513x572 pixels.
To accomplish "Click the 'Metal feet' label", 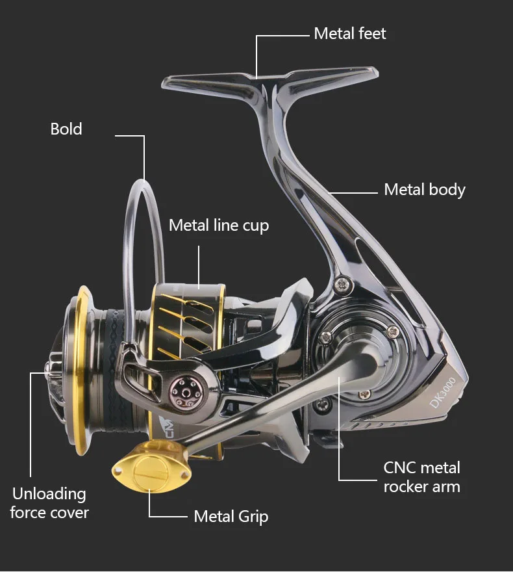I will [x=349, y=34].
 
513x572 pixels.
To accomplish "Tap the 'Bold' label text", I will [x=66, y=129].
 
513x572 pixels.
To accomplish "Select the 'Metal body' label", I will [x=425, y=190].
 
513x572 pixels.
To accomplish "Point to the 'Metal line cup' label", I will [x=218, y=226].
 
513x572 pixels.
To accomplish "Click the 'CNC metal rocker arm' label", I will [x=421, y=477].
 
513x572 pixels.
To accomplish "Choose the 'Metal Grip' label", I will [x=231, y=517].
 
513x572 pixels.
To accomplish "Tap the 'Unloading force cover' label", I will [x=49, y=502].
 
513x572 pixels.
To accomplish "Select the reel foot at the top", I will [x=266, y=81].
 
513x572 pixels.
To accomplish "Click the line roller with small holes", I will [x=184, y=391].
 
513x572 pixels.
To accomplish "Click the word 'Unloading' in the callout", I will [x=49, y=493].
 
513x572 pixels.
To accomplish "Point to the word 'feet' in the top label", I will [x=371, y=34].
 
